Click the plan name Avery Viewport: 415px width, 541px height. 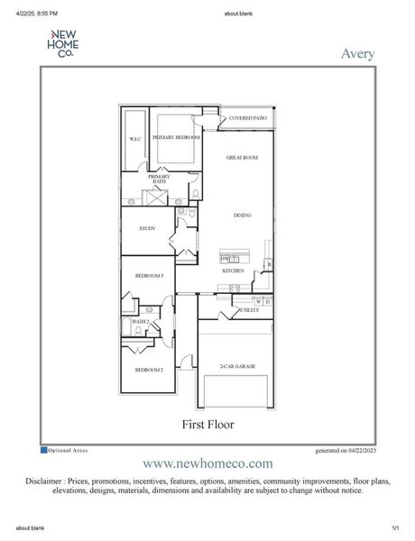pos(358,52)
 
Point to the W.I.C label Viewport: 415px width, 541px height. pos(134,139)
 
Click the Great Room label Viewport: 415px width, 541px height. pos(242,158)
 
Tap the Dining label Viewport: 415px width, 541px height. pos(242,215)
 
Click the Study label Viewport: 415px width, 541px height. pos(147,228)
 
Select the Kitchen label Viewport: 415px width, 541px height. pos(234,270)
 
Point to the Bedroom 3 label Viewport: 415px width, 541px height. pos(149,276)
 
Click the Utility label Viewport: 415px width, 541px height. pos(248,310)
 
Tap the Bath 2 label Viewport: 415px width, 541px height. pos(140,321)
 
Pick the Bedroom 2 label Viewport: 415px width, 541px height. pos(149,370)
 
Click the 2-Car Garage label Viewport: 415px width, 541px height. pos(237,366)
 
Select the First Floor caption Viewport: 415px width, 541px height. pos(207,422)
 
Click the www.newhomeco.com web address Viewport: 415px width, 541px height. pos(207,463)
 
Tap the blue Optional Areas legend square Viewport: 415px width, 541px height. pos(44,449)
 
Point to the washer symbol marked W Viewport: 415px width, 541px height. pos(258,301)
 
